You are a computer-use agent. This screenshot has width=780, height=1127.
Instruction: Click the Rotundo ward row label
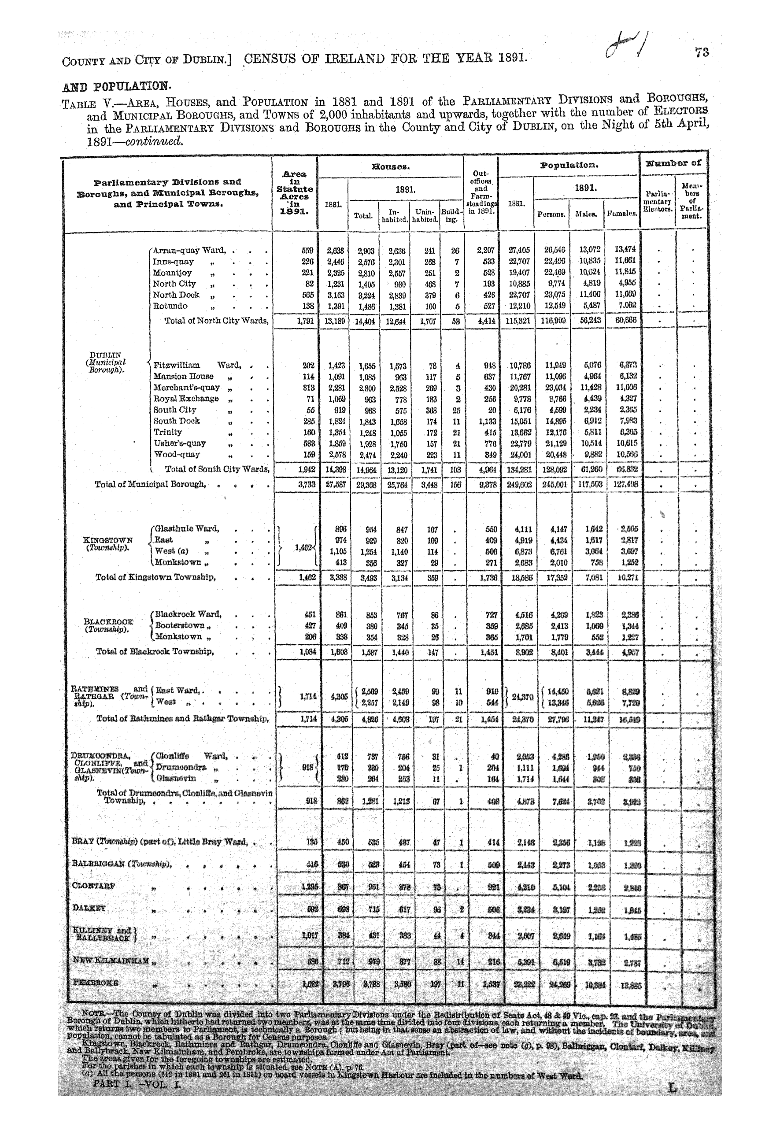click(170, 307)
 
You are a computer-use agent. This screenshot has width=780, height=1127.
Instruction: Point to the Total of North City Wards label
click(216, 321)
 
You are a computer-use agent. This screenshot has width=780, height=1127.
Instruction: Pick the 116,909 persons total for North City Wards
click(553, 321)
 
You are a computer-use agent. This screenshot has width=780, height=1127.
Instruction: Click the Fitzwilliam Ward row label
click(197, 365)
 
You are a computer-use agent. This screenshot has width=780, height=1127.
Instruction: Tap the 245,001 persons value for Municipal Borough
click(553, 485)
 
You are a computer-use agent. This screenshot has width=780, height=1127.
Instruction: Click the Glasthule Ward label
click(187, 529)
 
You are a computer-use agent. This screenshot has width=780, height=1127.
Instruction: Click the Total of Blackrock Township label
click(155, 651)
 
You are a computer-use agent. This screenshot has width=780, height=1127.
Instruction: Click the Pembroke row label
click(95, 983)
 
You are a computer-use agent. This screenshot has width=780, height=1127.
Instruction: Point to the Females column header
click(621, 214)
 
